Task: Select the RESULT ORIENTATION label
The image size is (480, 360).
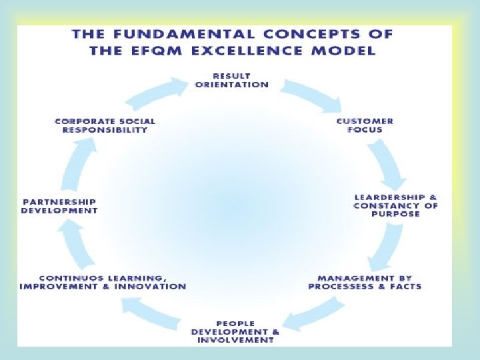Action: [231, 80]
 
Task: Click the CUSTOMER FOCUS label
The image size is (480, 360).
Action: [365, 125]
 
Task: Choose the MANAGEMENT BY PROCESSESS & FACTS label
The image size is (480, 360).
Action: [365, 282]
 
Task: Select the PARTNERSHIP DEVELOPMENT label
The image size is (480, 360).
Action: [60, 206]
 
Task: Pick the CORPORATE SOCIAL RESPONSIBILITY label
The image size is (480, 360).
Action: [105, 125]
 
